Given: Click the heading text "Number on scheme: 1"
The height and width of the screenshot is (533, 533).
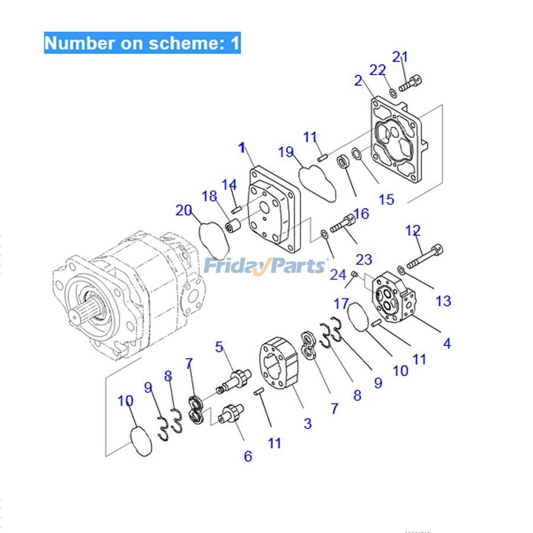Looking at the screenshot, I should (142, 43).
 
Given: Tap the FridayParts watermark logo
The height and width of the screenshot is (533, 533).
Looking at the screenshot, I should (264, 266).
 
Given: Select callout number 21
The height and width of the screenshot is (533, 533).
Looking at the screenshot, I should (400, 57).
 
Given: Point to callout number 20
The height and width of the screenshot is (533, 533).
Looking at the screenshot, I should (184, 210).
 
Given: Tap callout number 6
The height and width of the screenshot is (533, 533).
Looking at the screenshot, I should (248, 456).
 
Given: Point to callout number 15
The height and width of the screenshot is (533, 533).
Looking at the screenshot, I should (386, 200).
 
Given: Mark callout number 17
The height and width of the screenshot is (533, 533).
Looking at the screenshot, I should (341, 304).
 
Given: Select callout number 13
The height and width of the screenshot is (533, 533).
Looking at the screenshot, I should (443, 301).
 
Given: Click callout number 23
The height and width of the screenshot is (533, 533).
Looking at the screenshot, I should (364, 259).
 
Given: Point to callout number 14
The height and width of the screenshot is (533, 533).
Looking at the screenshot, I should (229, 185).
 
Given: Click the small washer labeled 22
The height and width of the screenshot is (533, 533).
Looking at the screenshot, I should (393, 92).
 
